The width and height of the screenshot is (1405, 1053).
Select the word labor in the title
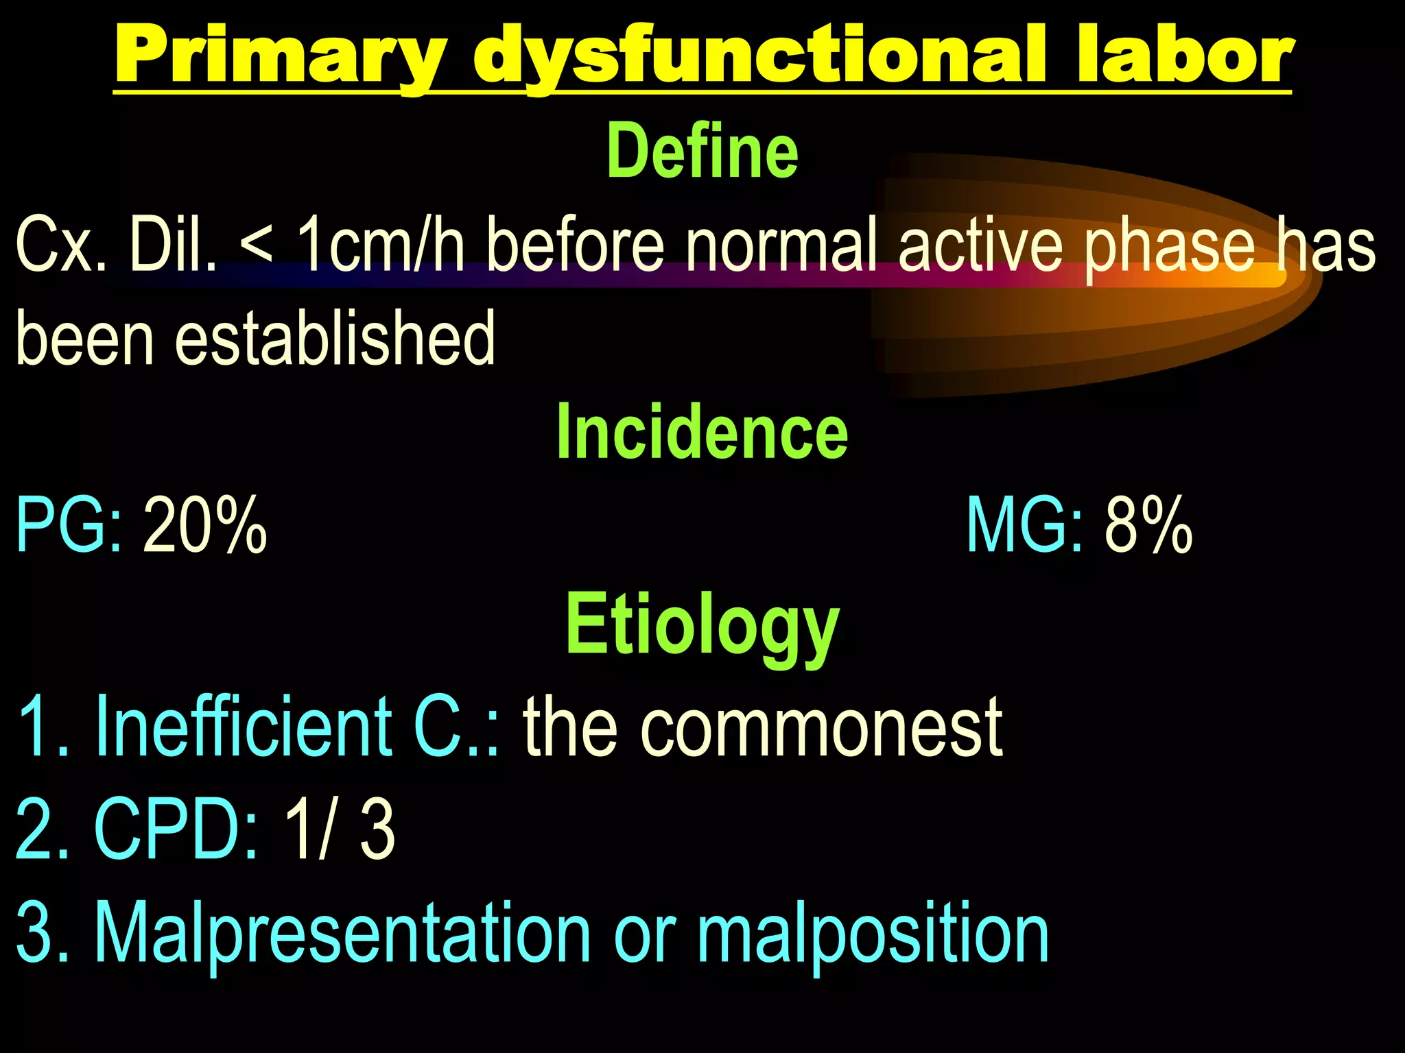pos(1184,55)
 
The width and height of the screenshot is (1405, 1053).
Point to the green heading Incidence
pos(702,432)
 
